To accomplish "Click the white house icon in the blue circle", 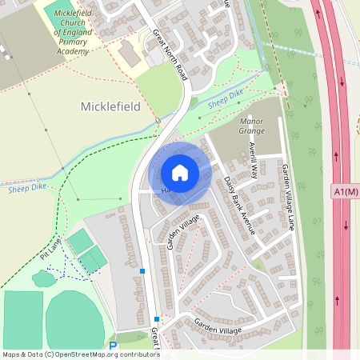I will (180, 173).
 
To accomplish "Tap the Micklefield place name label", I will (110, 106).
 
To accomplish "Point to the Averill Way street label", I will (254, 159).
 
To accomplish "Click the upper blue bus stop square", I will (142, 272).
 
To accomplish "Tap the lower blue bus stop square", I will (157, 318).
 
